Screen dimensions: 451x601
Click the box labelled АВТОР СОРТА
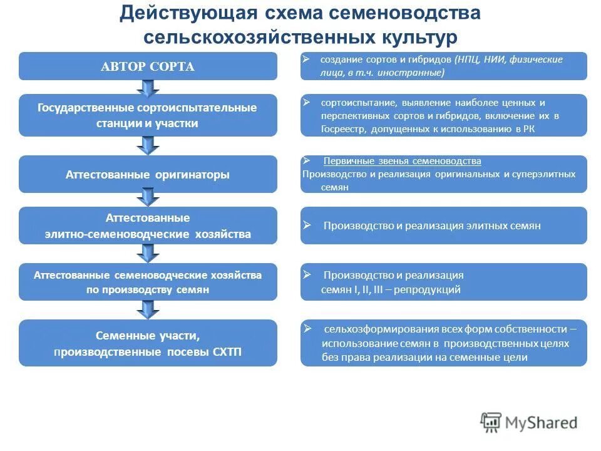(148, 66)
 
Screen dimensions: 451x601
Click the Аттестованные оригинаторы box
(148, 175)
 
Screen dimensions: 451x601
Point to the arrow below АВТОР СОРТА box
(148, 87)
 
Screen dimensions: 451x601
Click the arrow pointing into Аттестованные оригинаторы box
(148, 146)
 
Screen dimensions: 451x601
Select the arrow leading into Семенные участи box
(148, 309)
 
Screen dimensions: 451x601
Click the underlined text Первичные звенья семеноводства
(402, 161)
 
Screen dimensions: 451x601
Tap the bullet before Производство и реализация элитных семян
(307, 224)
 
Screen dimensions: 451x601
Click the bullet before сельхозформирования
(307, 328)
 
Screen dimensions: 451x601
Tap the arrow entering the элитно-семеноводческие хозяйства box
(148, 199)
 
